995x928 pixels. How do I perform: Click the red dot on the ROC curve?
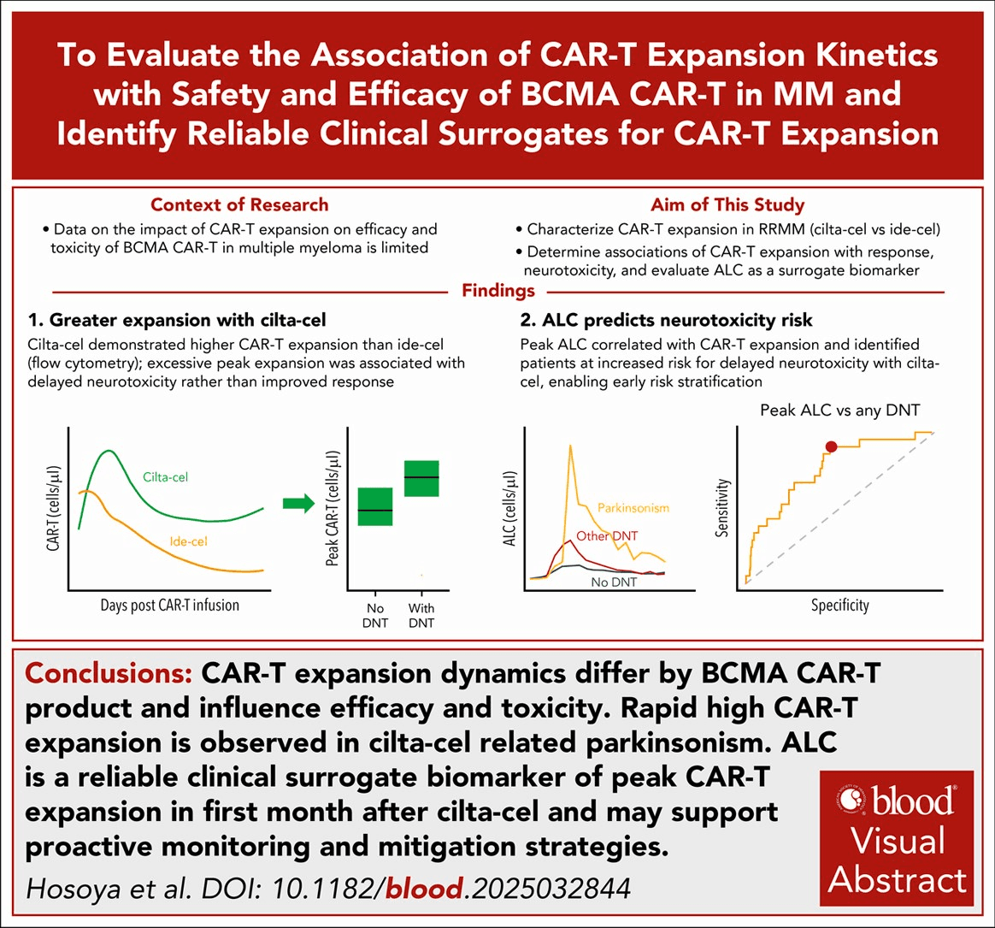(x=831, y=446)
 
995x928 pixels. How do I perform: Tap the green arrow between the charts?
(x=299, y=504)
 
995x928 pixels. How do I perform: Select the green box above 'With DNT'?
(x=422, y=478)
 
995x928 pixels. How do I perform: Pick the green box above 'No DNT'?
(x=375, y=506)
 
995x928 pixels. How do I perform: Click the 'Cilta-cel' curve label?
(x=166, y=477)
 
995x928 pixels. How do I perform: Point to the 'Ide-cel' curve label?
(x=188, y=541)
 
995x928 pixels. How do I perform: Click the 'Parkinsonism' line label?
(x=633, y=508)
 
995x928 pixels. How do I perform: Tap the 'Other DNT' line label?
(x=607, y=535)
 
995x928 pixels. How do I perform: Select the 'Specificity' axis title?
(x=840, y=605)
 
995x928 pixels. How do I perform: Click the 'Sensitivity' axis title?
(x=721, y=508)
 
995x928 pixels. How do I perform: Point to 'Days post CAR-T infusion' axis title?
(x=170, y=605)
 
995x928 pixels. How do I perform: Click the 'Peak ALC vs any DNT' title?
(x=840, y=410)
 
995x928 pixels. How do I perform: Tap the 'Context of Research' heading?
(x=239, y=204)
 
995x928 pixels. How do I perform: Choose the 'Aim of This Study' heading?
(x=727, y=204)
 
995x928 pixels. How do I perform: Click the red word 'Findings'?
(x=498, y=290)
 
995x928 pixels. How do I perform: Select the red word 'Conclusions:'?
(x=109, y=673)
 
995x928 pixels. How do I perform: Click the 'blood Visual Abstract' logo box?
(x=897, y=838)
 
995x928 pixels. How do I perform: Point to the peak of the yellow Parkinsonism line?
(x=570, y=446)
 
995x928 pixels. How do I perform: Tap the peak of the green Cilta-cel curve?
(x=109, y=451)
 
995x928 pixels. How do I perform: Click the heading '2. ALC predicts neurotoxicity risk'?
(x=666, y=319)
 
